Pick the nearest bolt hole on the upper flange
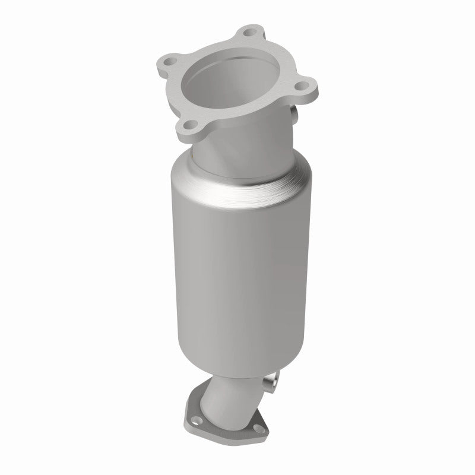(189, 126)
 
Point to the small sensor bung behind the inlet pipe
(293, 114)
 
